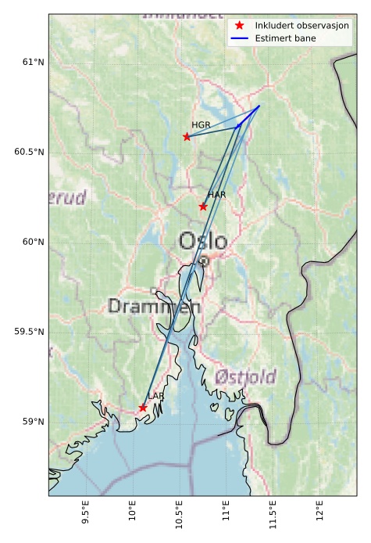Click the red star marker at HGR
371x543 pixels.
point(187,137)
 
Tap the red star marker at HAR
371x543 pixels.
point(203,207)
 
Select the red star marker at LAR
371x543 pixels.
point(143,408)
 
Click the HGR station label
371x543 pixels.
point(201,125)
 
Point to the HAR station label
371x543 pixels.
point(216,195)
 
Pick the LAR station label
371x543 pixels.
point(156,397)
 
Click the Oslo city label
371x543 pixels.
point(203,241)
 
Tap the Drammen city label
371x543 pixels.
point(154,306)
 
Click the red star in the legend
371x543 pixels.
point(240,26)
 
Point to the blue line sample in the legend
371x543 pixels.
point(240,38)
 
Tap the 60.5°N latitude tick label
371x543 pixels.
point(29,152)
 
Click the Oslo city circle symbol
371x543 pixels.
point(203,261)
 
